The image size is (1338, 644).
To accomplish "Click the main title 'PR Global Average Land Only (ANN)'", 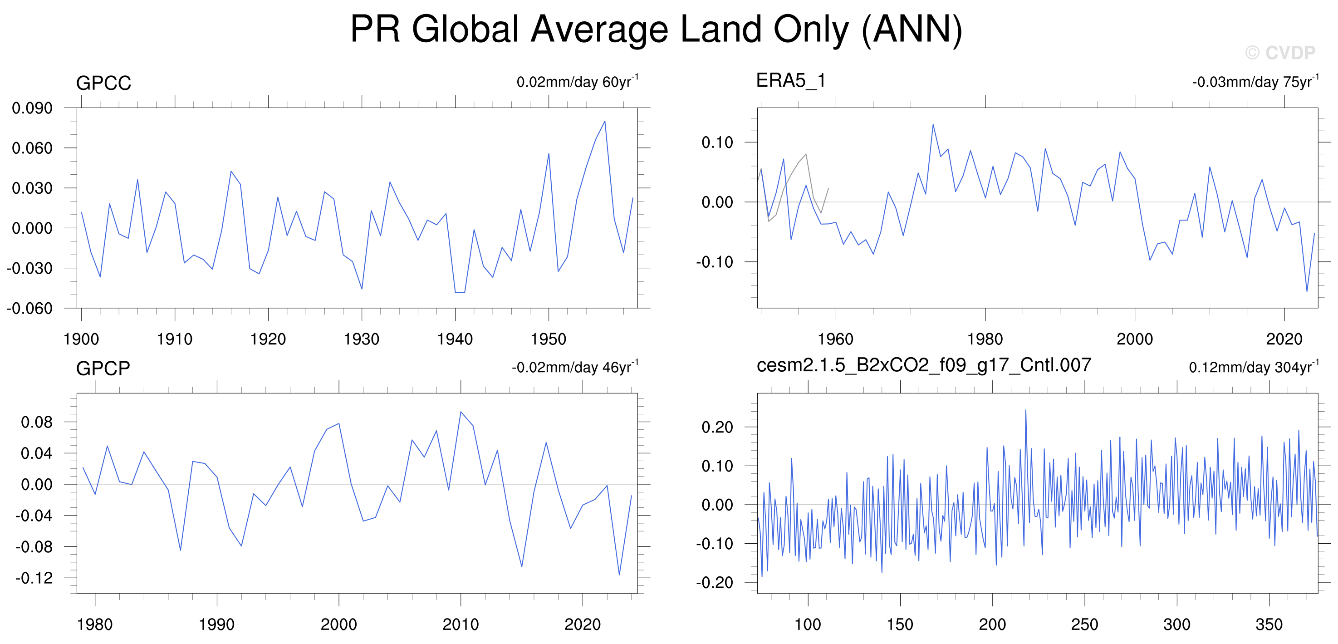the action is [x=656, y=29].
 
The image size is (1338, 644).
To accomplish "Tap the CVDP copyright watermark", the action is [x=1280, y=53].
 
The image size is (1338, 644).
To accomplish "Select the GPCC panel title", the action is [x=103, y=83].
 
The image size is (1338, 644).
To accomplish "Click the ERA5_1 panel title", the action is [x=790, y=80].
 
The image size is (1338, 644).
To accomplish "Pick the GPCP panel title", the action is [x=103, y=368].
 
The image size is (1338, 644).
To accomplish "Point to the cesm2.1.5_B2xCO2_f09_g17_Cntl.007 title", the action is [x=923, y=365].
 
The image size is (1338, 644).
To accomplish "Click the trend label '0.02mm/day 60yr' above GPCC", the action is [x=577, y=82].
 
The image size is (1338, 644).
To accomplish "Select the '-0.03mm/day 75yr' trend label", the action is [x=1255, y=82].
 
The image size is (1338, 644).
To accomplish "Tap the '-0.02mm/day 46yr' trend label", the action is [x=574, y=367].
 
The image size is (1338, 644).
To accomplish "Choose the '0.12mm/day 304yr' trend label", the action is [x=1253, y=367].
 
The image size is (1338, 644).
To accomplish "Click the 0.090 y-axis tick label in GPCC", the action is [x=32, y=108].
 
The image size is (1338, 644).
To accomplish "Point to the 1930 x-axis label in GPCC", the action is [x=362, y=339].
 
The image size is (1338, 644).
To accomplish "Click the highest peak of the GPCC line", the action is [x=605, y=121].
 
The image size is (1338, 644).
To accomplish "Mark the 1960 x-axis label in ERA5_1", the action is [x=835, y=339].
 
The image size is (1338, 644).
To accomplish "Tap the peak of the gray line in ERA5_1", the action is [x=806, y=154].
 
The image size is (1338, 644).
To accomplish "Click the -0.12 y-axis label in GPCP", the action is [x=34, y=578].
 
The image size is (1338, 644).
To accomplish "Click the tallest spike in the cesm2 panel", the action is [x=1025, y=410].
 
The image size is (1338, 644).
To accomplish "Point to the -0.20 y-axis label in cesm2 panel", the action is [x=714, y=582].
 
